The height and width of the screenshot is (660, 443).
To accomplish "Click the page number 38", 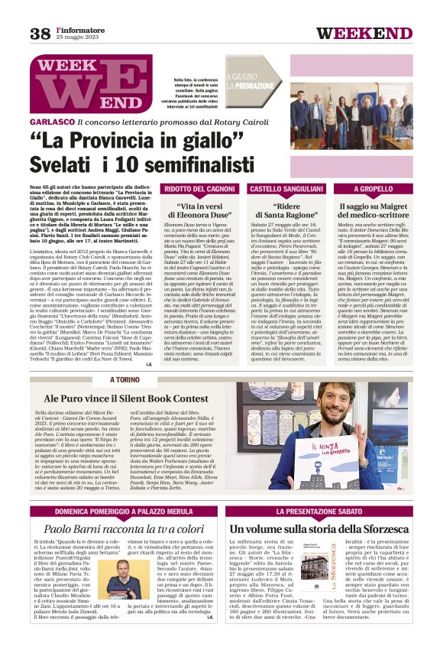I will tap(40, 34).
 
